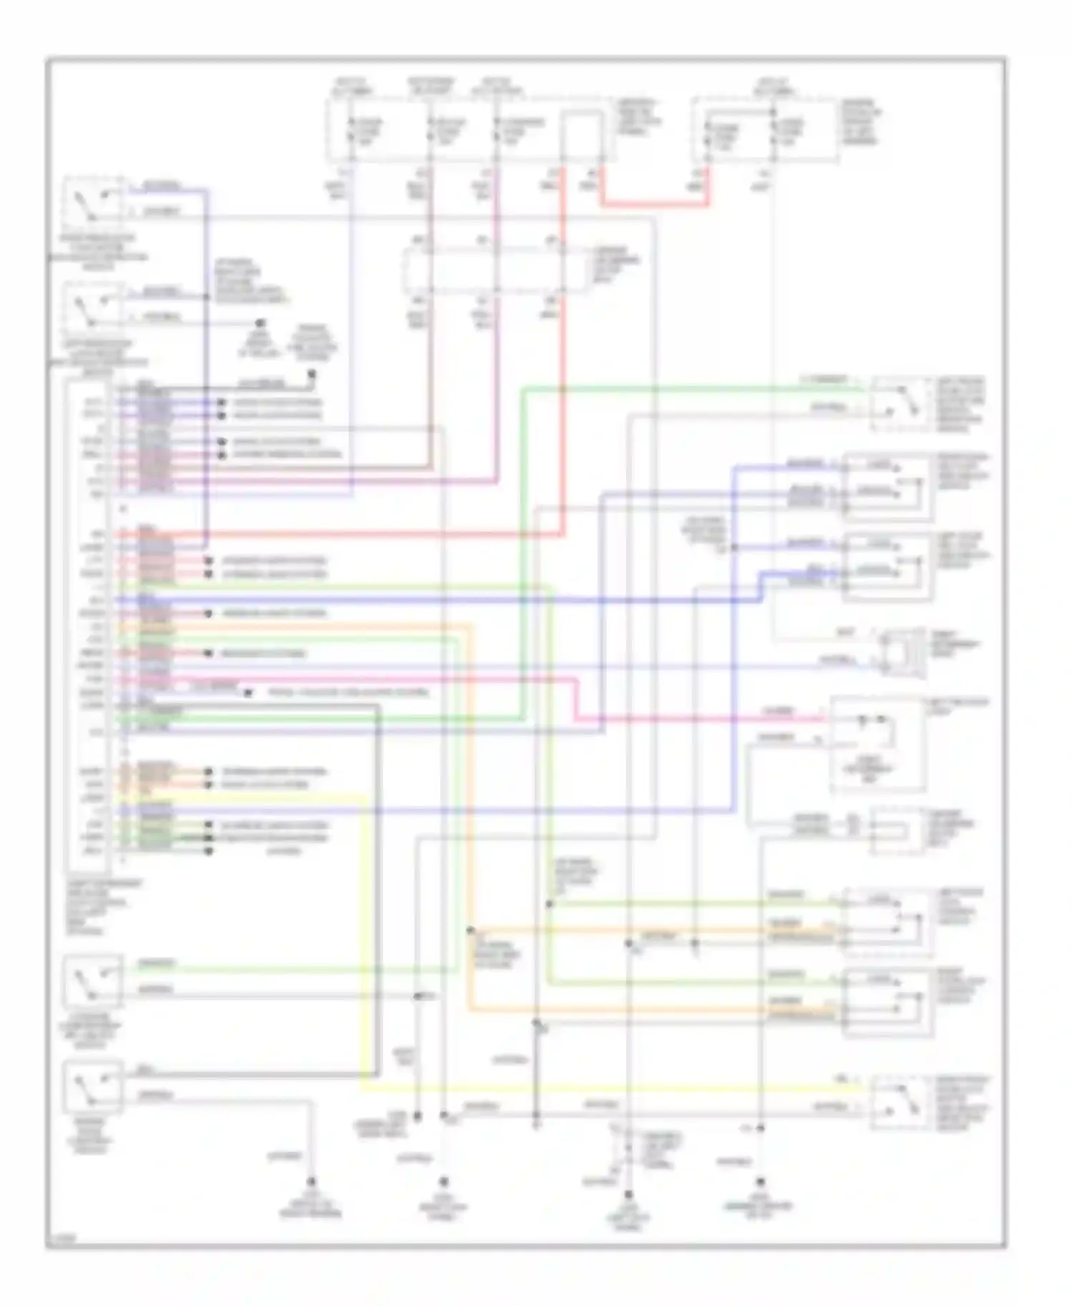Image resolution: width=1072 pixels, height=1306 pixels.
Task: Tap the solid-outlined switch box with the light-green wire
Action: (92, 982)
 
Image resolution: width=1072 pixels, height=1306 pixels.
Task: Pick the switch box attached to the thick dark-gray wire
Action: (92, 1086)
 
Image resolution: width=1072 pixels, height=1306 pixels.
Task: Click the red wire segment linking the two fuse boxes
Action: (654, 205)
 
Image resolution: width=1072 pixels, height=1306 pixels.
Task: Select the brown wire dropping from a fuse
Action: (430, 357)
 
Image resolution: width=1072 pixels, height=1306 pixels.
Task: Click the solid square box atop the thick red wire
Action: (580, 136)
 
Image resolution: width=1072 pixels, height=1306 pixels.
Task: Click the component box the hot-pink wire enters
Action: (878, 744)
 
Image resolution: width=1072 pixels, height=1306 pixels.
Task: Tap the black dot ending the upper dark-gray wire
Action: (312, 373)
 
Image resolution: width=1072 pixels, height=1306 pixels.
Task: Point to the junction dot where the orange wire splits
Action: (470, 930)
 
